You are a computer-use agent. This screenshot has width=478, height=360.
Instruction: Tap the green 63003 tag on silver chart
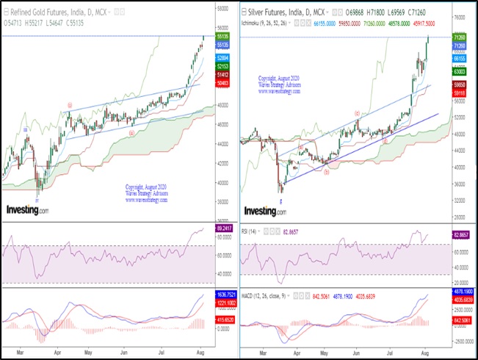coord(461,72)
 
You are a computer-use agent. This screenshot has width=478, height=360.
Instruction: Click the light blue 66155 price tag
coord(461,57)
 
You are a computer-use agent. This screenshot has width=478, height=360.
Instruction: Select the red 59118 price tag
coord(461,93)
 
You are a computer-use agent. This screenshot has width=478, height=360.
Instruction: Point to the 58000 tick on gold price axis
coord(221,8)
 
